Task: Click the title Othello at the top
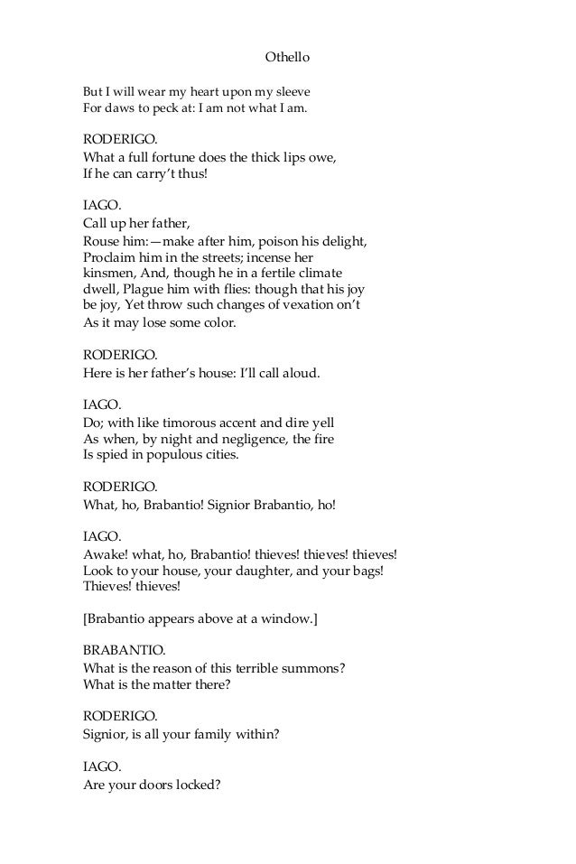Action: tap(287, 57)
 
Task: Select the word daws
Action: tap(119, 110)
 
